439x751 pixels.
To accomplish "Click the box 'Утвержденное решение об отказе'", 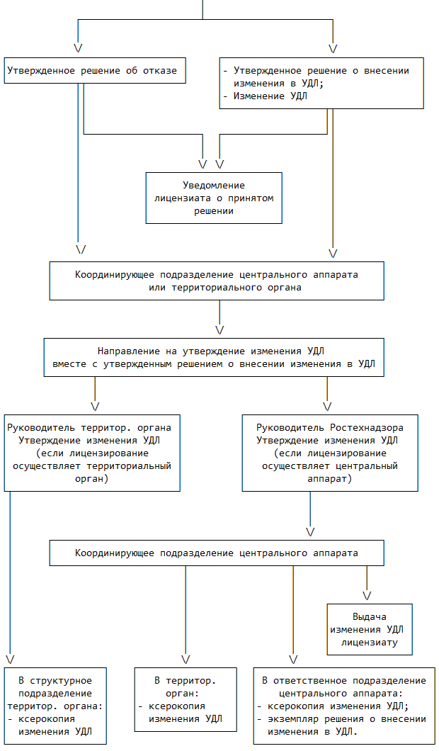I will pos(95,71).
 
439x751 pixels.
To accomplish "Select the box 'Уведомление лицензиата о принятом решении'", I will pos(214,198).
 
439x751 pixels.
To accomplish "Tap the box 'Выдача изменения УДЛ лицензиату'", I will pos(369,629).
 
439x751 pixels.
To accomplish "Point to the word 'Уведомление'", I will pos(213,185).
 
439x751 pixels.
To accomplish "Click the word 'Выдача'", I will pos(370,616).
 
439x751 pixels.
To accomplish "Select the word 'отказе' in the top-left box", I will pos(159,71).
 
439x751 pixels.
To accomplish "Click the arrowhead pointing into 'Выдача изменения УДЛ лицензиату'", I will pos(367,594).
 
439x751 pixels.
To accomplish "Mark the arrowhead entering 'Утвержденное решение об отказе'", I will pos(78,48).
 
